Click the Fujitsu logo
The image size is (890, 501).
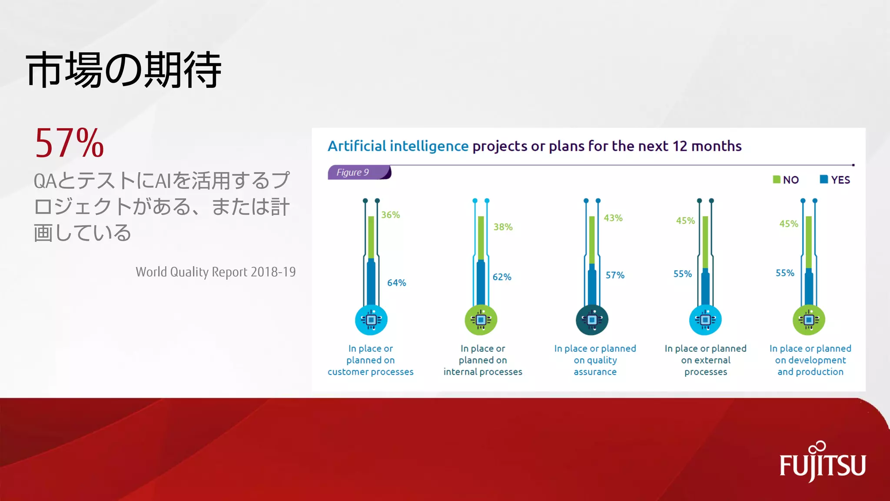[x=822, y=463]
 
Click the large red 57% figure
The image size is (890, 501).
[x=70, y=144]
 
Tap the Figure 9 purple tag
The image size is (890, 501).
[x=359, y=172]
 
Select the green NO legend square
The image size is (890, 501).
[x=776, y=180]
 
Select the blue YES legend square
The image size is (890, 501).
[x=824, y=180]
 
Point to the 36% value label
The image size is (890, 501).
[x=390, y=215]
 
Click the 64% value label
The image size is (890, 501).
[x=396, y=283]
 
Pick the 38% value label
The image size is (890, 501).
[x=503, y=227]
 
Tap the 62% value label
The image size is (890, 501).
[x=502, y=277]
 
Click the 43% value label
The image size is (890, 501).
[x=613, y=218]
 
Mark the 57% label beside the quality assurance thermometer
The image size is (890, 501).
[x=615, y=275]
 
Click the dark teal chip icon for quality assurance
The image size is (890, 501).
[x=592, y=320]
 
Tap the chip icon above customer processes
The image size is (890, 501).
[x=371, y=320]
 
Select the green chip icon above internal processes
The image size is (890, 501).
[x=481, y=320]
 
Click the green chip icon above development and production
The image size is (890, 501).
[x=809, y=320]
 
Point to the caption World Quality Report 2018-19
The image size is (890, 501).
[x=216, y=272]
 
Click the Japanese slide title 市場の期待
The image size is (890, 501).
[x=124, y=70]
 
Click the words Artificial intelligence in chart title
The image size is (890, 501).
[x=398, y=146]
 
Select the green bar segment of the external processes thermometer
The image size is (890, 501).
[x=705, y=241]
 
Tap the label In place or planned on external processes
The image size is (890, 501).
[x=705, y=360]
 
